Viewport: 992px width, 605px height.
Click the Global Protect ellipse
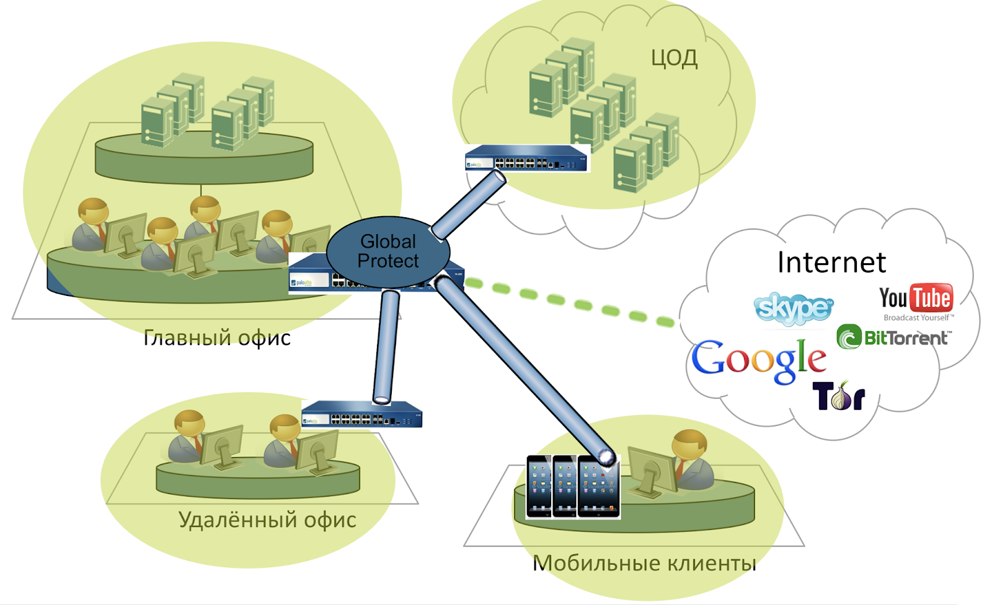387,251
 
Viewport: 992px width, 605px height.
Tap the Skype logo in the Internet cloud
793,308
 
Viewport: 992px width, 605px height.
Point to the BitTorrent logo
893,337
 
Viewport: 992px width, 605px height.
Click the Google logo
758,360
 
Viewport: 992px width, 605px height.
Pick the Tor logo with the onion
838,396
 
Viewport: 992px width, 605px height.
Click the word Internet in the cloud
831,263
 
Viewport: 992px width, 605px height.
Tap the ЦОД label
674,59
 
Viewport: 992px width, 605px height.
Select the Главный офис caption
216,337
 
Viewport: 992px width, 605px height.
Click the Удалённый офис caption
267,520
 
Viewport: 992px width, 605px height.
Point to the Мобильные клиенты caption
644,563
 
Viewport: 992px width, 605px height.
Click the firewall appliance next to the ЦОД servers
526,159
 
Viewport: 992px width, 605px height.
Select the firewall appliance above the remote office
362,414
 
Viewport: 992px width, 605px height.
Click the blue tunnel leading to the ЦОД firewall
468,205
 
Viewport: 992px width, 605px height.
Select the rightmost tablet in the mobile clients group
598,486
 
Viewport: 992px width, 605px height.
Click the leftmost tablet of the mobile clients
539,486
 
